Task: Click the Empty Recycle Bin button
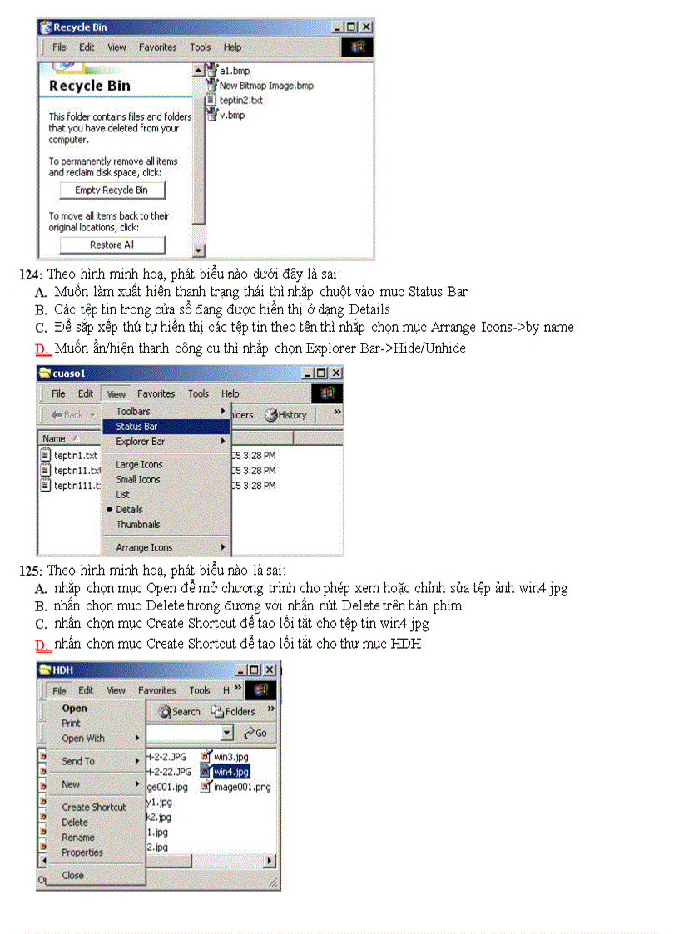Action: pos(112,190)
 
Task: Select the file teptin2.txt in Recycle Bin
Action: pos(240,100)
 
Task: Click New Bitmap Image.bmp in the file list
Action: pos(265,86)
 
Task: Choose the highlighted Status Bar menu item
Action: pos(137,427)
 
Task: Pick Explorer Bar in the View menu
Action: pos(141,442)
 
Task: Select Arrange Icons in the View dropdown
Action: pos(145,548)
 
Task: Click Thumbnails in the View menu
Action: pos(138,525)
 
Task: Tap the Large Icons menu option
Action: pos(139,465)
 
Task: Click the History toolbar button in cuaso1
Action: pos(286,415)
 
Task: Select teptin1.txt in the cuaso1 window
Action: pos(75,456)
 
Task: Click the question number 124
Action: pos(30,274)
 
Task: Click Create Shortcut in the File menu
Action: pos(94,808)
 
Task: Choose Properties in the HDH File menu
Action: pos(82,852)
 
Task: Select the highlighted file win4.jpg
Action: pos(230,772)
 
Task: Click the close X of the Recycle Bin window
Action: pos(366,27)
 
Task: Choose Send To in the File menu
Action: pos(78,761)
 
